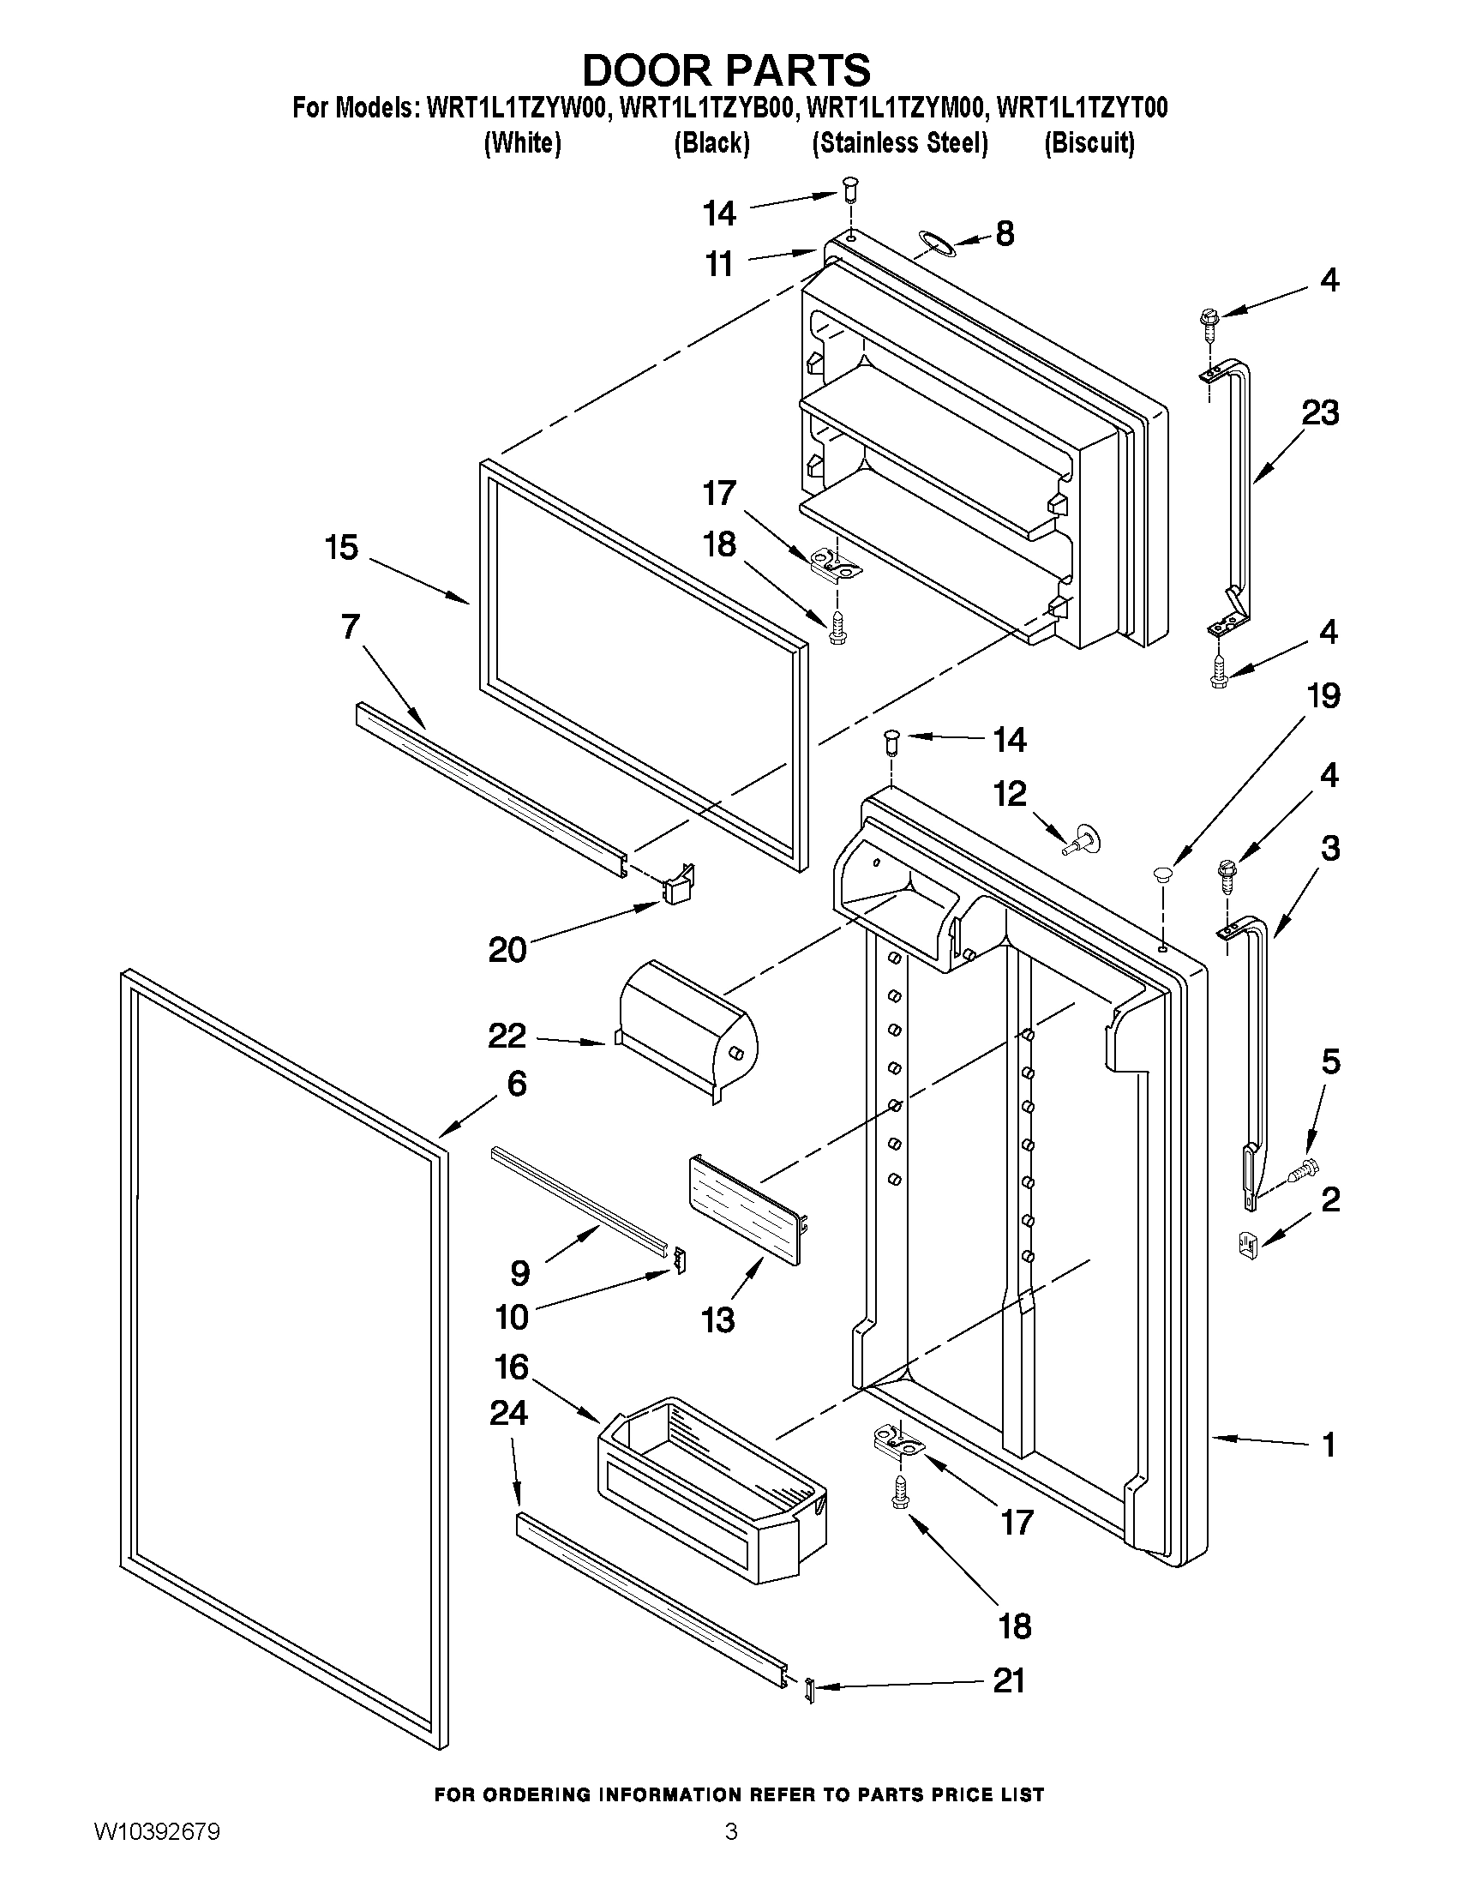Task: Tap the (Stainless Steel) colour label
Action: [x=899, y=142]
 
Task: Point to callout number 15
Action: [x=341, y=547]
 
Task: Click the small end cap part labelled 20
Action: [x=678, y=886]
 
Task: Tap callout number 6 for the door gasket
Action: [x=517, y=1083]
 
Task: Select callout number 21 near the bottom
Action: [x=1008, y=1680]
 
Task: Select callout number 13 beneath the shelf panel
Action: [x=717, y=1319]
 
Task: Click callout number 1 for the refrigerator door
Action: [x=1329, y=1445]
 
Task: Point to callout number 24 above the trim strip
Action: [x=508, y=1413]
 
